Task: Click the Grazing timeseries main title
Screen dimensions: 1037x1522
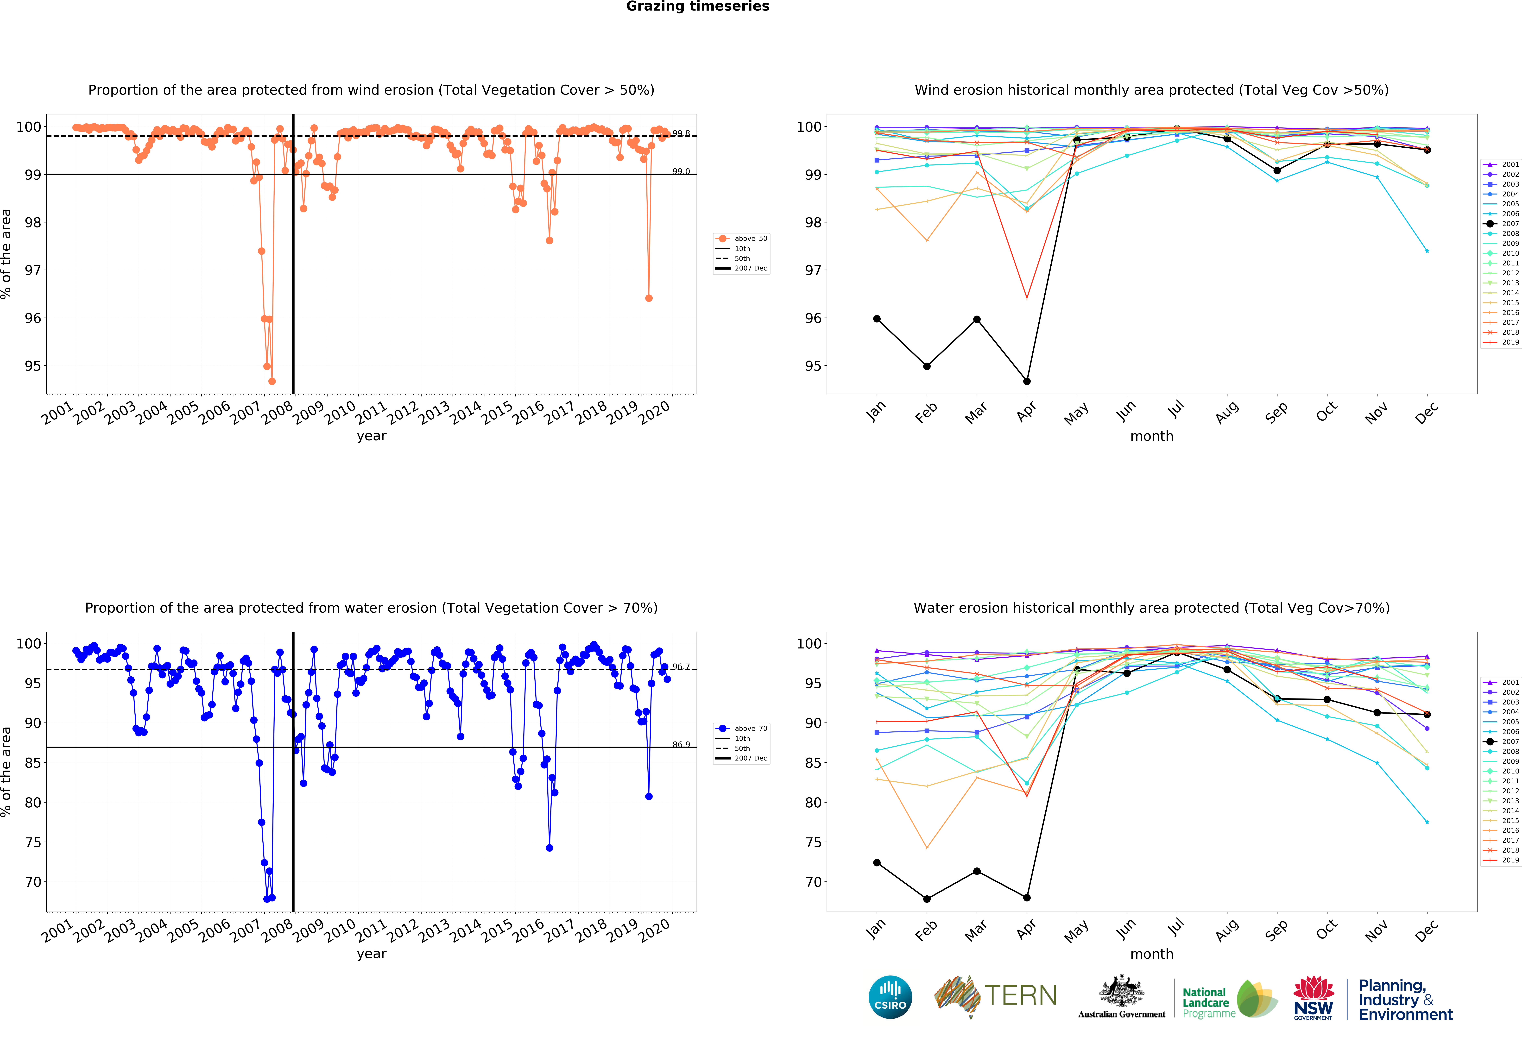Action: click(x=697, y=6)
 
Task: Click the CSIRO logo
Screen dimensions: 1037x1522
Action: click(x=890, y=997)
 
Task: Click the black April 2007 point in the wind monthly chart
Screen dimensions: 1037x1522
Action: click(x=1027, y=381)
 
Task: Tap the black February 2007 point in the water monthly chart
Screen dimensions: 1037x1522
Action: click(x=927, y=899)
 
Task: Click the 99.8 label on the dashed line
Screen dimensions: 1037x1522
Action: click(x=681, y=134)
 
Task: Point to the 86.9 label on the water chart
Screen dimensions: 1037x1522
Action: click(x=681, y=744)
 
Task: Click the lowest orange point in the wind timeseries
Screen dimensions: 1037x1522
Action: click(x=272, y=381)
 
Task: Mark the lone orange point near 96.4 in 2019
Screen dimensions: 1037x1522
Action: click(x=648, y=298)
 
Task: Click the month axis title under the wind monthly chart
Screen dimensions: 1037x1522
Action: click(x=1151, y=436)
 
